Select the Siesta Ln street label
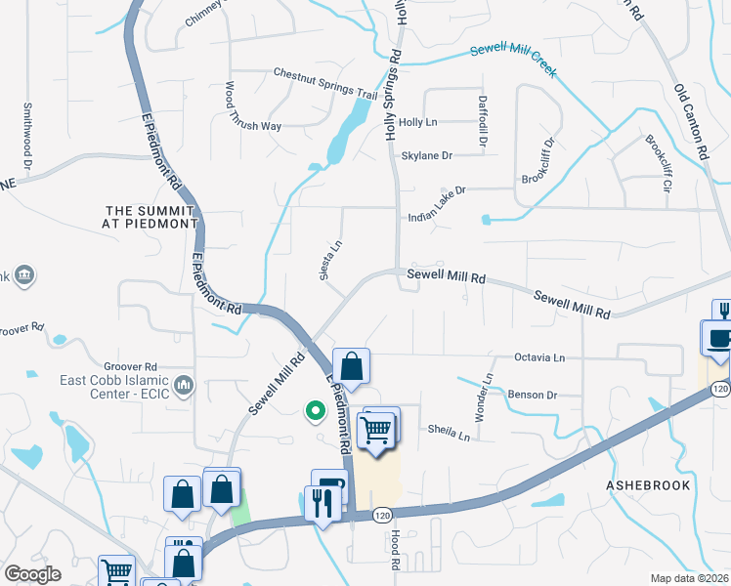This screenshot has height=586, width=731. (330, 262)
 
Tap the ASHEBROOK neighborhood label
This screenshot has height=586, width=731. (648, 485)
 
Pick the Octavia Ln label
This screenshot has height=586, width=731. (538, 358)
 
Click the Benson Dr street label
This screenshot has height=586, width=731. (532, 396)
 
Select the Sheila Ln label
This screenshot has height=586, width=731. (449, 430)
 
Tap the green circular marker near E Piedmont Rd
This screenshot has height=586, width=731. (315, 412)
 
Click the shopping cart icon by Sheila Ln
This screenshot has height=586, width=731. (376, 429)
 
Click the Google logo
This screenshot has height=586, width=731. (32, 574)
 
